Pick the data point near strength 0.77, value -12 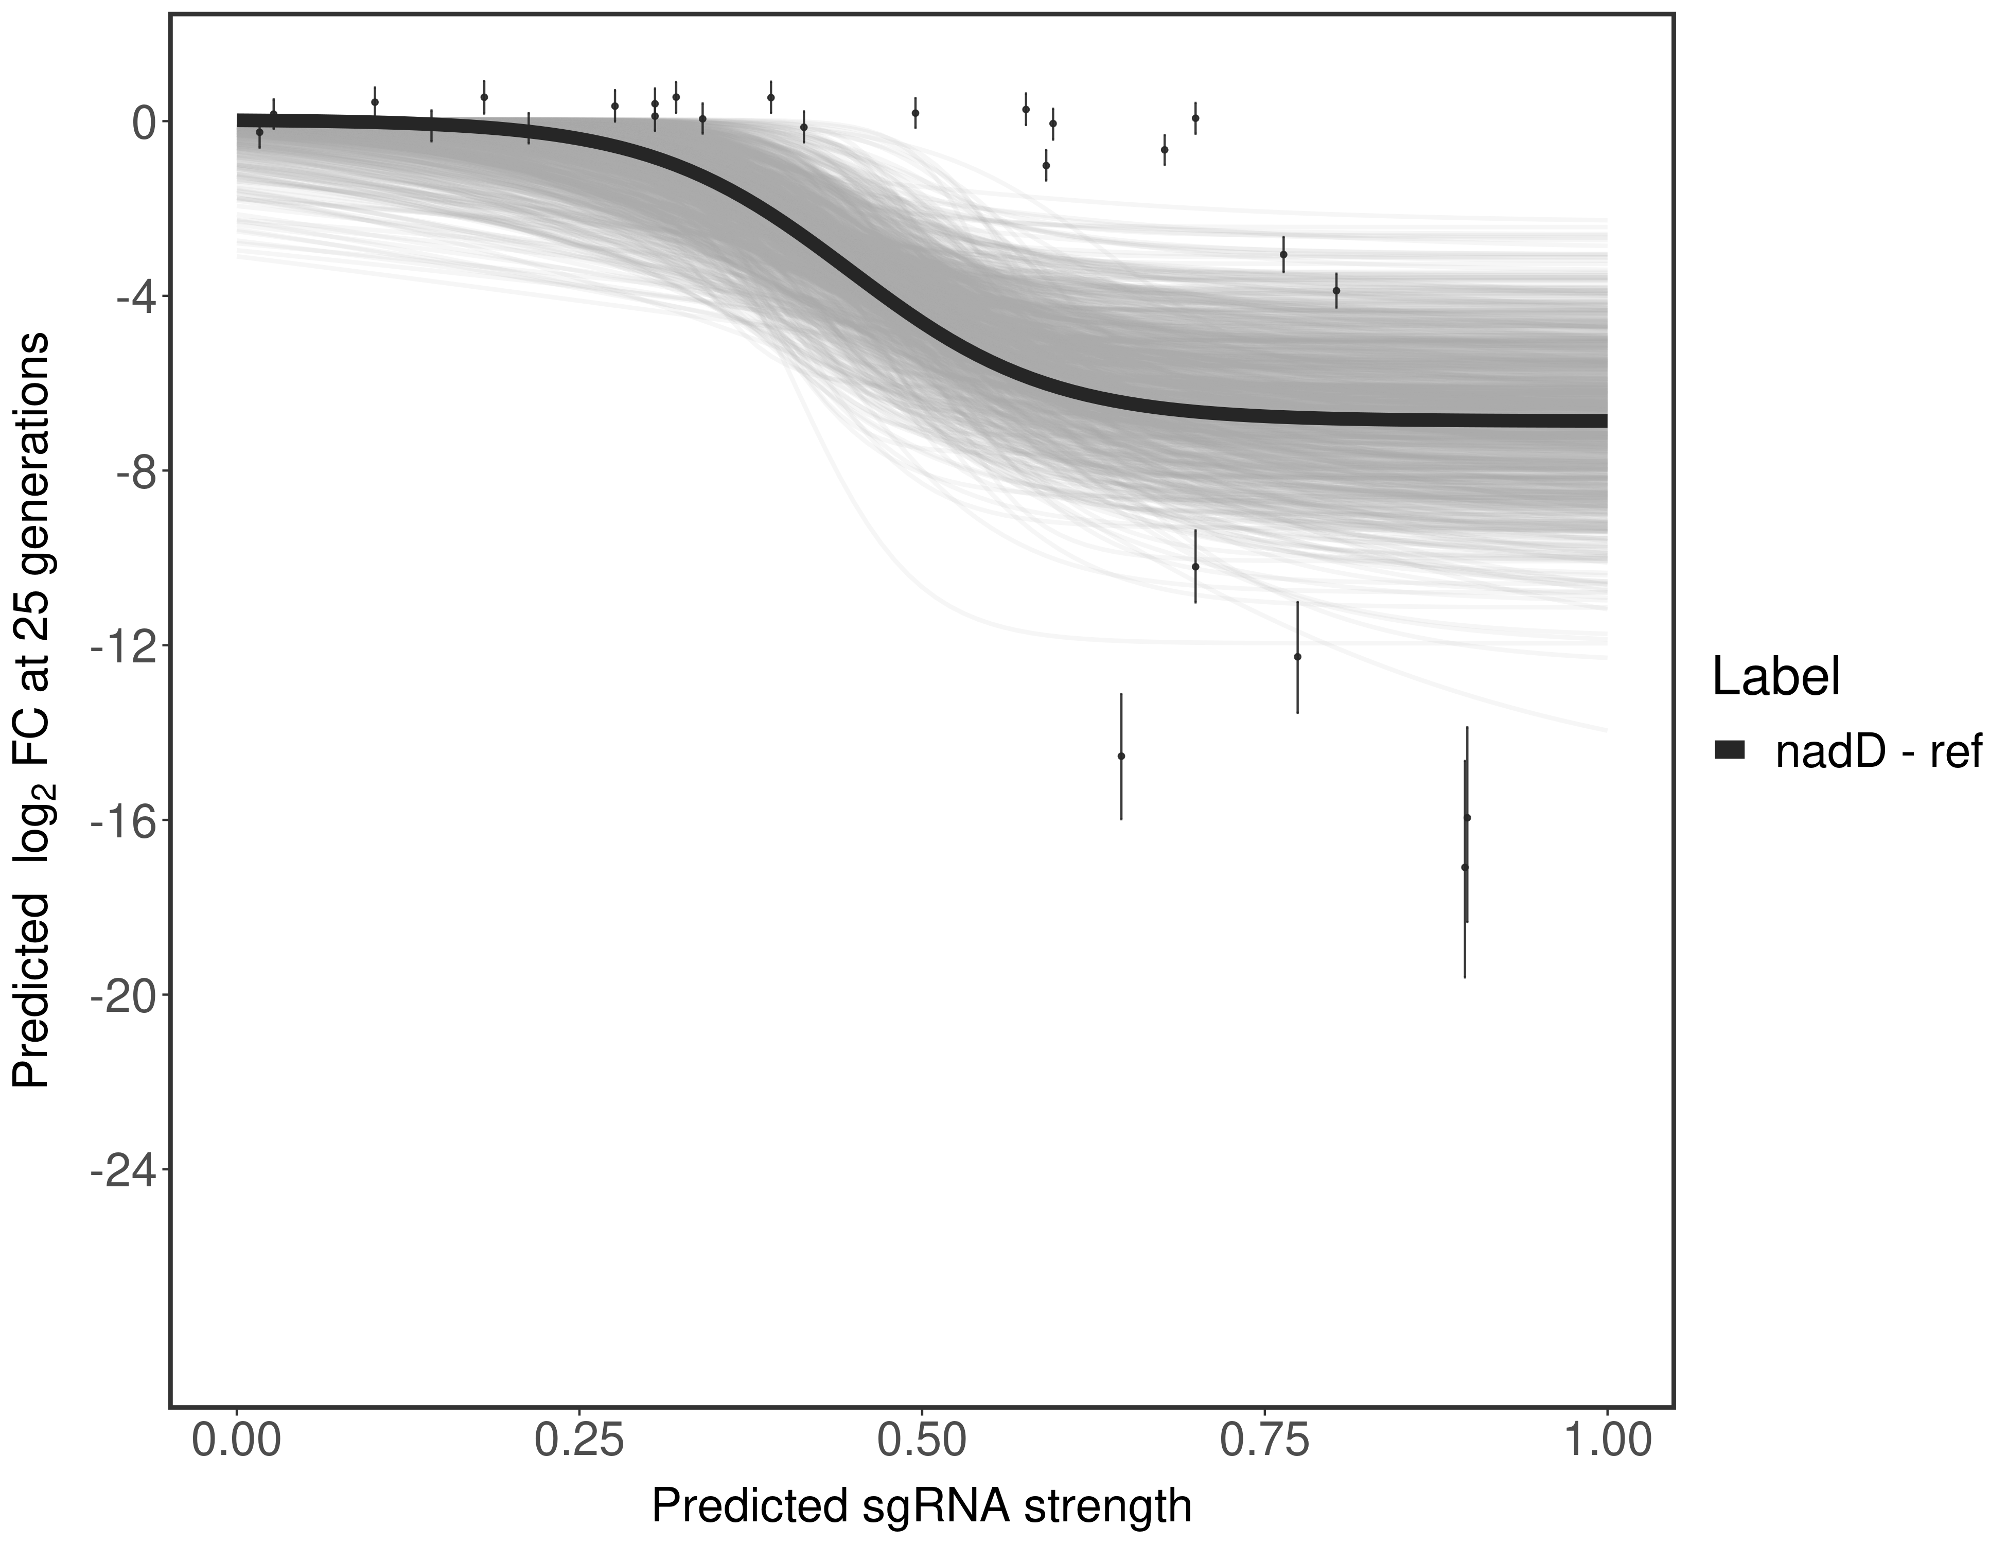click(1297, 656)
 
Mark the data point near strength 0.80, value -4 click(1336, 290)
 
